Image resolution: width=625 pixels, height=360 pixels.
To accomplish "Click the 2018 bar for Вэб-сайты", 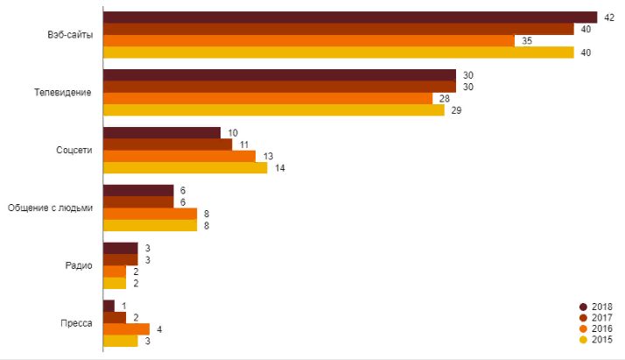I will (x=350, y=18).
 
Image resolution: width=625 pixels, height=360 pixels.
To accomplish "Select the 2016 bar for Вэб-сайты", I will (x=309, y=40).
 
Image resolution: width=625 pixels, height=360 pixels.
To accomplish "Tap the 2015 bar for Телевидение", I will (x=274, y=110).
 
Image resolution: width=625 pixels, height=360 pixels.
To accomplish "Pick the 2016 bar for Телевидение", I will (x=268, y=98).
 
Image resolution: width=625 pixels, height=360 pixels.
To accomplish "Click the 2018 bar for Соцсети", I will (x=162, y=132).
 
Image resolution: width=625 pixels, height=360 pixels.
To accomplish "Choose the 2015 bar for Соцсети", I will (x=186, y=167).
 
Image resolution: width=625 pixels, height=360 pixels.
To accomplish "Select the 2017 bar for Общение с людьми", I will (x=138, y=201).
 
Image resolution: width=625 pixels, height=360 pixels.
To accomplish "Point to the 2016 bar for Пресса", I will (x=126, y=328).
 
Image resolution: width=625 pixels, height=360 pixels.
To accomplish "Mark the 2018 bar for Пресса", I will (x=109, y=306).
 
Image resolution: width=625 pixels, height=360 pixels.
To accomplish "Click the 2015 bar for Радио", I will (x=115, y=283).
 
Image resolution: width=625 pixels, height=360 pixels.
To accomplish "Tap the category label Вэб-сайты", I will (x=71, y=35).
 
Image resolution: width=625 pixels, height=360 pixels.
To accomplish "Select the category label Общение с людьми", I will (x=50, y=208).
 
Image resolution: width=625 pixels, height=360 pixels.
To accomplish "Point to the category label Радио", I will (x=79, y=265).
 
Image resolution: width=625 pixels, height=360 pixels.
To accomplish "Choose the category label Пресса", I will (x=77, y=323).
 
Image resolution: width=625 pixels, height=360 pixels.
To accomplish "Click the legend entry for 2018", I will (x=598, y=307).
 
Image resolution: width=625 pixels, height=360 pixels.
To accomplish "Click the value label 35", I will (x=527, y=40).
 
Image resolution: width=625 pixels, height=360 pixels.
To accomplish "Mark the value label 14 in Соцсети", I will (x=280, y=167).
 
